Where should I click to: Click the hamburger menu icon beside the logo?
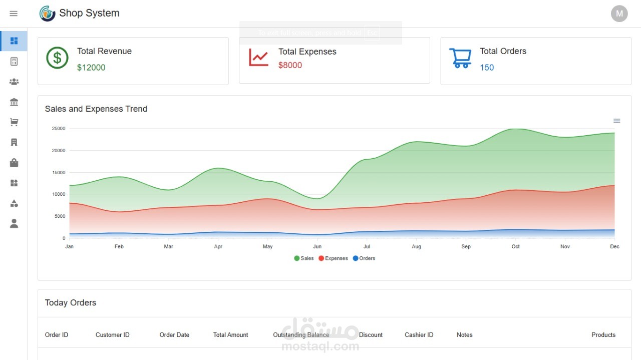click(x=14, y=14)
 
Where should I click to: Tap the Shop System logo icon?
click(x=47, y=14)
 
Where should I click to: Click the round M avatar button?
click(x=619, y=14)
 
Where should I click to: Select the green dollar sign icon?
click(x=57, y=58)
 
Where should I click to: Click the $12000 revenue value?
click(x=91, y=68)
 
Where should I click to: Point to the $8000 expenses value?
click(x=290, y=65)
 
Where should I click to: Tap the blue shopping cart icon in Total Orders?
click(x=460, y=58)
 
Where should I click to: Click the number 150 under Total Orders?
click(x=487, y=68)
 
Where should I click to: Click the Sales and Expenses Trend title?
click(x=96, y=109)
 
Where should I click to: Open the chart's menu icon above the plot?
click(x=616, y=121)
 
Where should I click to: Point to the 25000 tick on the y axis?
click(x=59, y=129)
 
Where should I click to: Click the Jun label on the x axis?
click(x=317, y=246)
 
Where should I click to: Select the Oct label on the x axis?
click(x=515, y=246)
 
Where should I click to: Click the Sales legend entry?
click(x=304, y=258)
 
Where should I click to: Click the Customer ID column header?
click(x=112, y=335)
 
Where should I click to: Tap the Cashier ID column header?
click(x=419, y=335)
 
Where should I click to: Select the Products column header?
click(x=603, y=335)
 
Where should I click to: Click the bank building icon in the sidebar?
click(x=14, y=102)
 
